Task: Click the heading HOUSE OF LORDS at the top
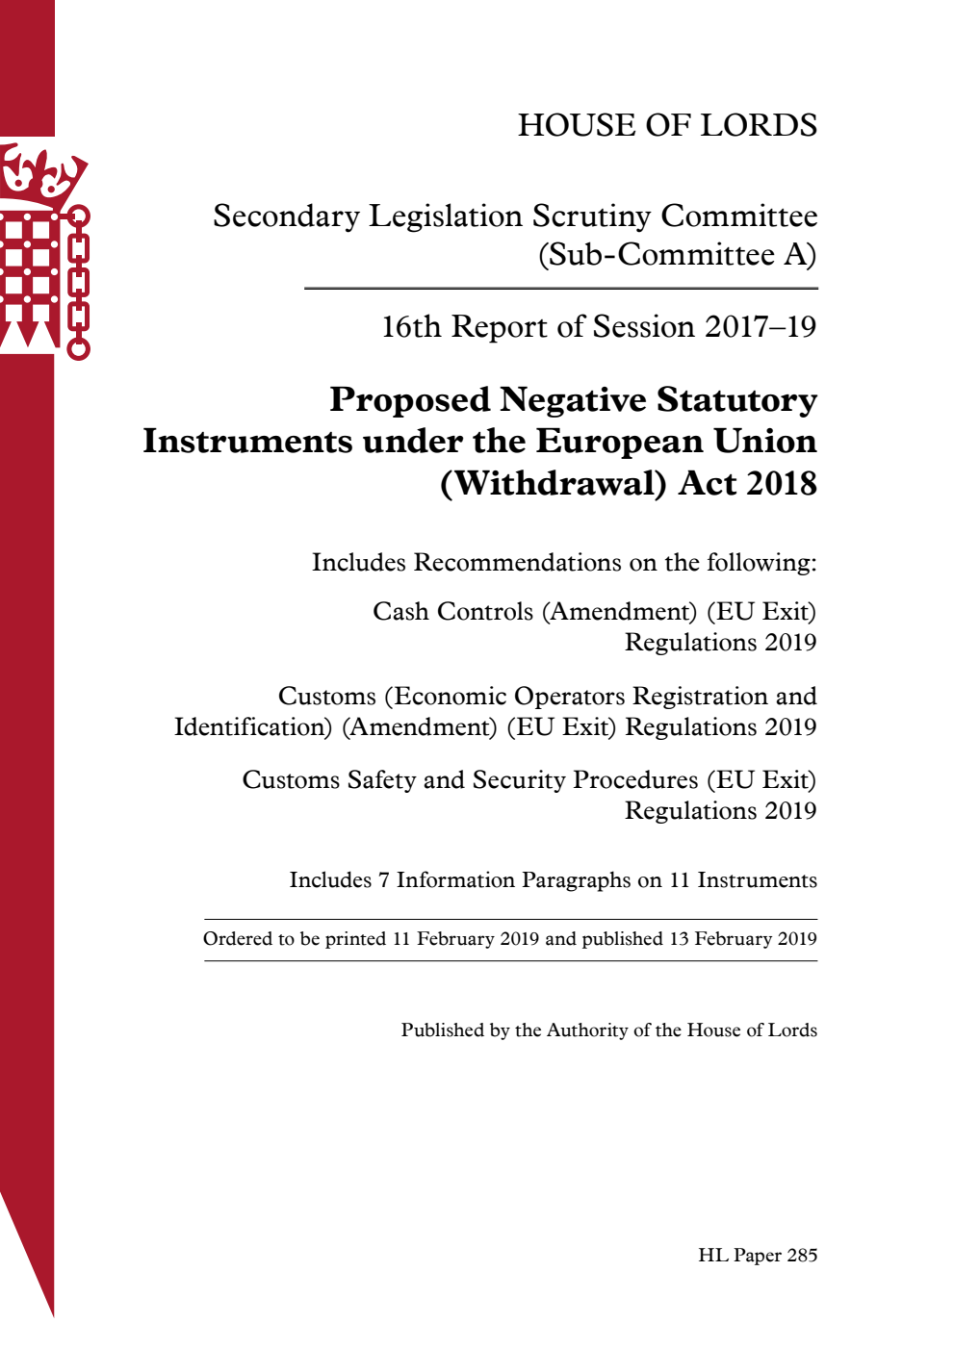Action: click(667, 125)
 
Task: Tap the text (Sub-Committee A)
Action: click(677, 255)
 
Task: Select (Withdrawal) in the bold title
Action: click(553, 483)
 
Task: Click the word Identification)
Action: click(253, 727)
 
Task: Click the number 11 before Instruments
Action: click(680, 880)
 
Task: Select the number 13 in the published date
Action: click(679, 939)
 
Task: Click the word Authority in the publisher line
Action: click(587, 1030)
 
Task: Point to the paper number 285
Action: click(801, 1256)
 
